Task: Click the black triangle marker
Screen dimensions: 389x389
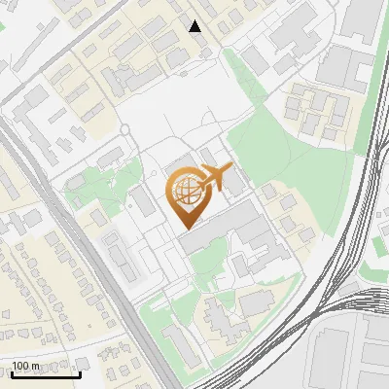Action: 195,26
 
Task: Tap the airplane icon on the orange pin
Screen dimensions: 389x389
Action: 214,179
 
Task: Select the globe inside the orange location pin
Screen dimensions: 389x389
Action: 185,191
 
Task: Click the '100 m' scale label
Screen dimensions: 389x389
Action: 25,365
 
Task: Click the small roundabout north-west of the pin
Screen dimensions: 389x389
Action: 124,129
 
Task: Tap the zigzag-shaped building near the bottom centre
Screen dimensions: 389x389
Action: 219,316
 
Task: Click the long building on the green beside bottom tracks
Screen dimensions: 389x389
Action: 180,345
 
